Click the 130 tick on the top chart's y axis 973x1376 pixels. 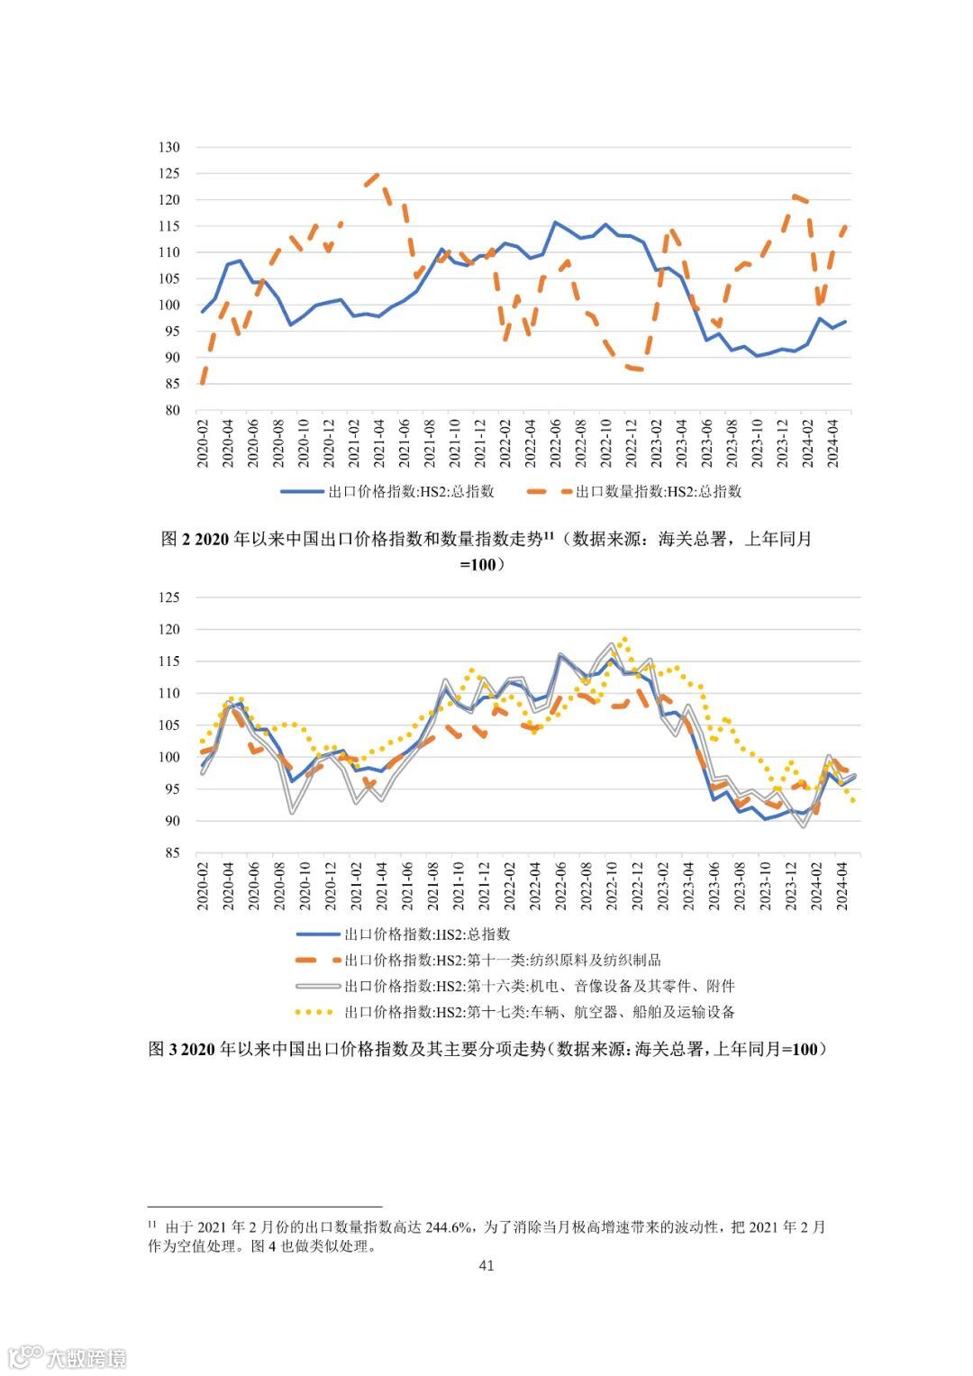pos(170,147)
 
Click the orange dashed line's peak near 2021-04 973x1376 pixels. pos(377,175)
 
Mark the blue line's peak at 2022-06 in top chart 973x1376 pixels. pos(555,222)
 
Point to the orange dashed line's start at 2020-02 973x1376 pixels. pos(202,383)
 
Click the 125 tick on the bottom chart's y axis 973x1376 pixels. pos(170,597)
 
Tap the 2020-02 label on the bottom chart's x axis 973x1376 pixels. pos(203,886)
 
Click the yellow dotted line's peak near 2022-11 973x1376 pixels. pos(625,639)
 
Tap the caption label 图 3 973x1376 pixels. pos(163,1049)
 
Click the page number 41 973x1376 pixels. pos(486,1265)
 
